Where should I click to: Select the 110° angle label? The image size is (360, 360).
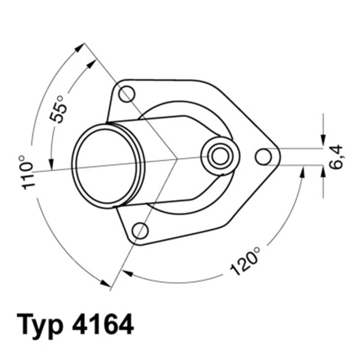[x=28, y=172]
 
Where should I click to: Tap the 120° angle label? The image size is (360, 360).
[x=246, y=261]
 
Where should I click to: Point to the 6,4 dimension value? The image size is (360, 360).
[x=336, y=157]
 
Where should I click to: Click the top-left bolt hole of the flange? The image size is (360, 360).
[x=127, y=94]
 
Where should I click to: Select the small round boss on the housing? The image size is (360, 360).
[x=219, y=155]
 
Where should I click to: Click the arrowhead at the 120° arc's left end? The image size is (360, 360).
[x=127, y=273]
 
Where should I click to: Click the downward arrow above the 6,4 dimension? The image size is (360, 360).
[x=323, y=141]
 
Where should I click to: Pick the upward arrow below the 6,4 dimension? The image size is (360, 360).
[x=323, y=173]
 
